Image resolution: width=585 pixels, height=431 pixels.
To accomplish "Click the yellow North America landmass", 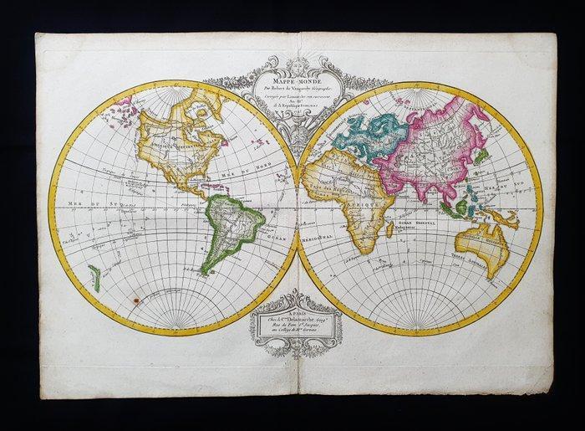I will click(180, 146).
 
